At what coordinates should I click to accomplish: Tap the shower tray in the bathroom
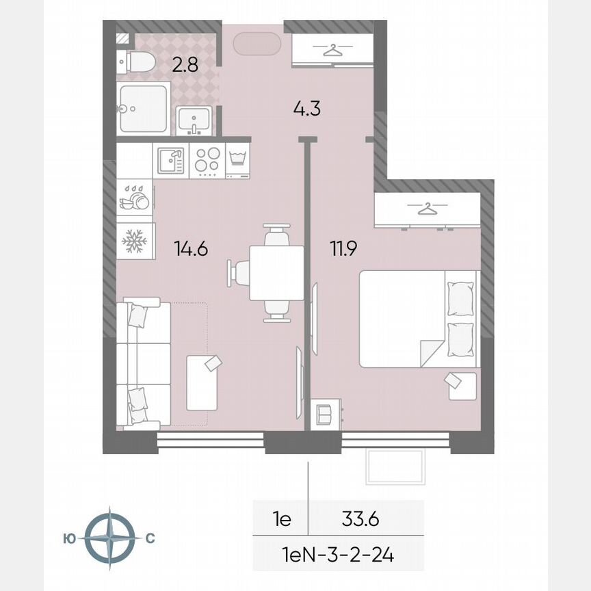click(x=144, y=108)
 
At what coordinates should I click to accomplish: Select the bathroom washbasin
click(x=194, y=121)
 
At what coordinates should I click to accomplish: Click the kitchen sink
click(x=170, y=161)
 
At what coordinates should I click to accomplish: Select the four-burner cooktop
click(x=206, y=161)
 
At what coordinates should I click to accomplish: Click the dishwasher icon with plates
click(x=134, y=199)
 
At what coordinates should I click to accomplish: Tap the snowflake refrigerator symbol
click(x=134, y=241)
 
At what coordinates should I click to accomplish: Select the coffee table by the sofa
click(x=203, y=382)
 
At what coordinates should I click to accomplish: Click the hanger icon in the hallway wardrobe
click(x=332, y=50)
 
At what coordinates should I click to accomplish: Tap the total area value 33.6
click(x=360, y=519)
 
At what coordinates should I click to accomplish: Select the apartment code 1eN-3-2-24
click(x=337, y=554)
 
